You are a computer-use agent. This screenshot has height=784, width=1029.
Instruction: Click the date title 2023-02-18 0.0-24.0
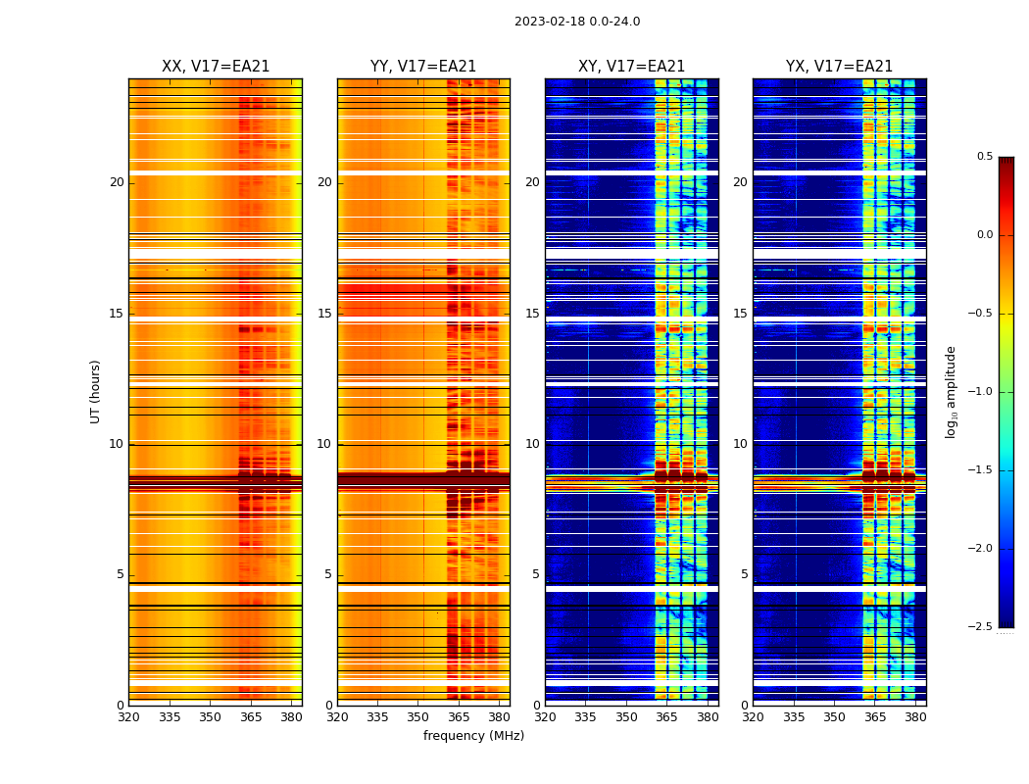coord(576,22)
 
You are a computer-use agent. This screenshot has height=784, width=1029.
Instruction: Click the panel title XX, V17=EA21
coord(216,67)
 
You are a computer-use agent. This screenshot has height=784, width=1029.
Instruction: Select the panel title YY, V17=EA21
coord(423,67)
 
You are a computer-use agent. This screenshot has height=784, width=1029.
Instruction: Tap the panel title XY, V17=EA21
coord(631,67)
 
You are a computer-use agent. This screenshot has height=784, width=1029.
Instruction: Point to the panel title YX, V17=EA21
coord(839,67)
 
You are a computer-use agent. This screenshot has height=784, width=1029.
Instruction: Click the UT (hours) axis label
coord(96,391)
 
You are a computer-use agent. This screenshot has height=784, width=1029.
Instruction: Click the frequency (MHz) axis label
coord(473,736)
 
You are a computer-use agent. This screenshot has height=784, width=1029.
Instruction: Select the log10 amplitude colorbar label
coord(951,391)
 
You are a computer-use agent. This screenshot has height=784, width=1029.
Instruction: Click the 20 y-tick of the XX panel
coord(117,182)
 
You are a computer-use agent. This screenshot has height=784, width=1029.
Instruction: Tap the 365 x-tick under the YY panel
coord(460,717)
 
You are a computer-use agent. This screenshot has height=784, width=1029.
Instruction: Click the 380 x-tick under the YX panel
coord(915,717)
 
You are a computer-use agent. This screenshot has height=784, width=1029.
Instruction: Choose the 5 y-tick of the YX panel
coord(744,574)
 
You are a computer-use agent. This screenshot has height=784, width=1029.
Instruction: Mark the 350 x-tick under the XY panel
coord(626,717)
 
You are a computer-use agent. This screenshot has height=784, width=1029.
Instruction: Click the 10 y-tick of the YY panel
coord(324,444)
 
